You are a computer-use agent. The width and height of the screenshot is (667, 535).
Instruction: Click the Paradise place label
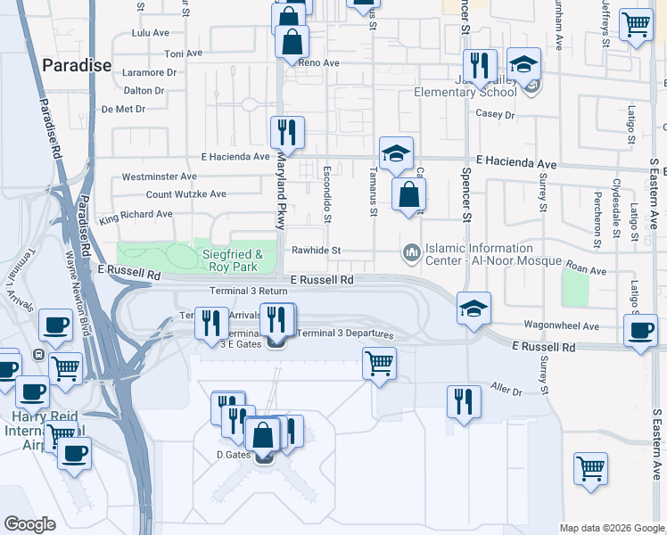click(76, 65)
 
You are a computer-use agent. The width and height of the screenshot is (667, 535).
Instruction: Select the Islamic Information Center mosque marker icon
click(411, 254)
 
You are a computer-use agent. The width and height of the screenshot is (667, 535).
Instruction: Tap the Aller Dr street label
click(506, 391)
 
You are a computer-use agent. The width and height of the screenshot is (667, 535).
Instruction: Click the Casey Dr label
click(496, 114)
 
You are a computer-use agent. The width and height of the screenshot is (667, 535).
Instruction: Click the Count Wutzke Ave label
click(185, 193)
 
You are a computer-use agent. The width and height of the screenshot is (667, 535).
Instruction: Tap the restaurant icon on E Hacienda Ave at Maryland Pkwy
click(287, 132)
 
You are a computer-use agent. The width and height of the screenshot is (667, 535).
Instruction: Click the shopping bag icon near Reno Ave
click(292, 40)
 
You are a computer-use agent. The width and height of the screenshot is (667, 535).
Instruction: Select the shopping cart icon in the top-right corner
click(636, 24)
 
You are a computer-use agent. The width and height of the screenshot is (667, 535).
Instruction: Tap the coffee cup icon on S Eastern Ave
click(640, 331)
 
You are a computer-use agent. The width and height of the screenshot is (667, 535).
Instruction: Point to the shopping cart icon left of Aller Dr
click(380, 364)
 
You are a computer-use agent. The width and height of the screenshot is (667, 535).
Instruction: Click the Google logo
click(31, 524)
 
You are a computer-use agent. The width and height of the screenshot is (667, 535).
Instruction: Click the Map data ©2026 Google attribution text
click(612, 528)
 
